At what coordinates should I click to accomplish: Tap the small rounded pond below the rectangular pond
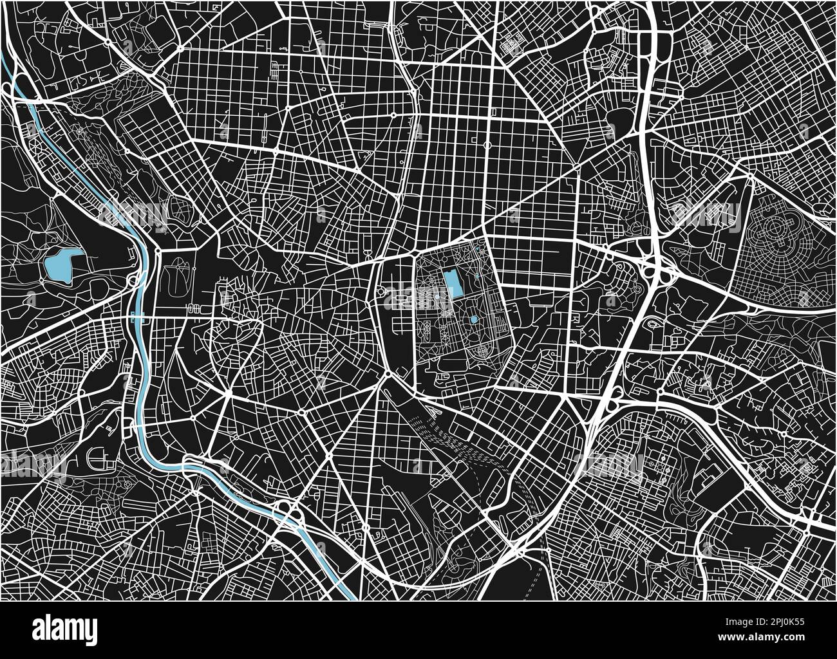473,319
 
